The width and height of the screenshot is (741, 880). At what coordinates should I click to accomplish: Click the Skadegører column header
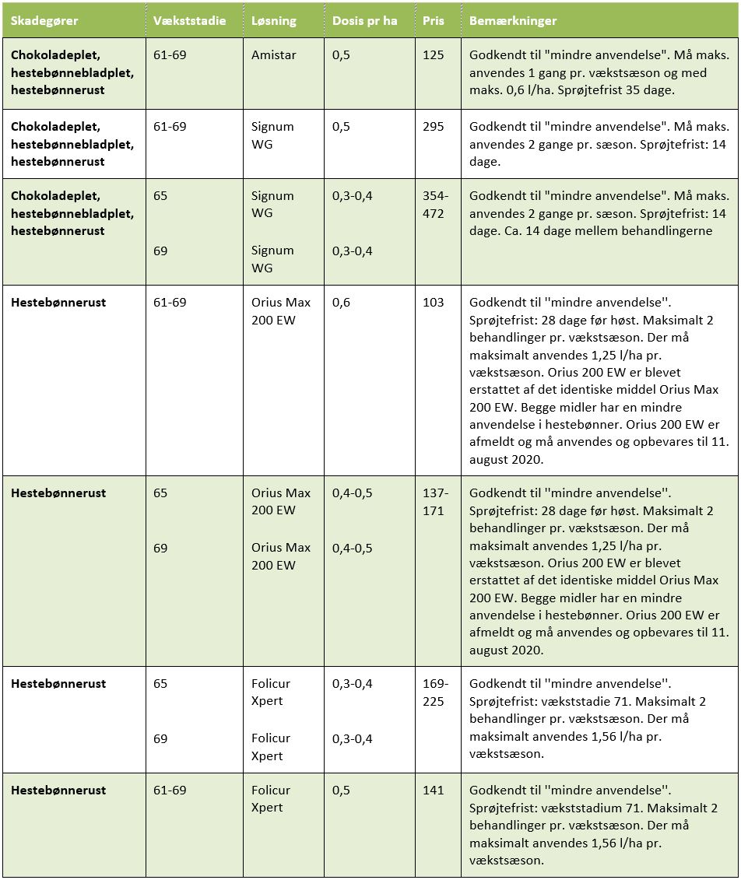point(45,21)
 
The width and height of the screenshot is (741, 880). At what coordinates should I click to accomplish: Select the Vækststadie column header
point(189,21)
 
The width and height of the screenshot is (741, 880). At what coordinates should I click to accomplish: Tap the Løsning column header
point(274,21)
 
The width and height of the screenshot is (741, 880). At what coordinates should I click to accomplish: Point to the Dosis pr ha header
point(364,21)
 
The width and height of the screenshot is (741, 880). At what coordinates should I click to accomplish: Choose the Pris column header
point(434,21)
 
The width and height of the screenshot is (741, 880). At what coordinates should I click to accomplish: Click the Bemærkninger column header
point(513,21)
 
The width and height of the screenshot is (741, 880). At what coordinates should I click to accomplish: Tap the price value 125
point(434,56)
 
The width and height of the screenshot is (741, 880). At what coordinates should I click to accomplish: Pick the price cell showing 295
point(434,126)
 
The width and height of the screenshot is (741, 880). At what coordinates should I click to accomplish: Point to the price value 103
point(434,303)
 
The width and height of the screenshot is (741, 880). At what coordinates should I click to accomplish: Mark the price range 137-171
point(435,502)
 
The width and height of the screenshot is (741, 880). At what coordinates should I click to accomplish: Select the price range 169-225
point(435,692)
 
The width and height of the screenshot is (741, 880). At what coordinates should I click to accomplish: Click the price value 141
point(434,791)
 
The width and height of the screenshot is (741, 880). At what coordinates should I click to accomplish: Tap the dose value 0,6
point(341,303)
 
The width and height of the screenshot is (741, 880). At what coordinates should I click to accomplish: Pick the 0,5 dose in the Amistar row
point(341,56)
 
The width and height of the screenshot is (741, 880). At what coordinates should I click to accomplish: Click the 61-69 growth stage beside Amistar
point(170,56)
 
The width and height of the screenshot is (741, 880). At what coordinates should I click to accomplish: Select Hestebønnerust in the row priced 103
point(58,303)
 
